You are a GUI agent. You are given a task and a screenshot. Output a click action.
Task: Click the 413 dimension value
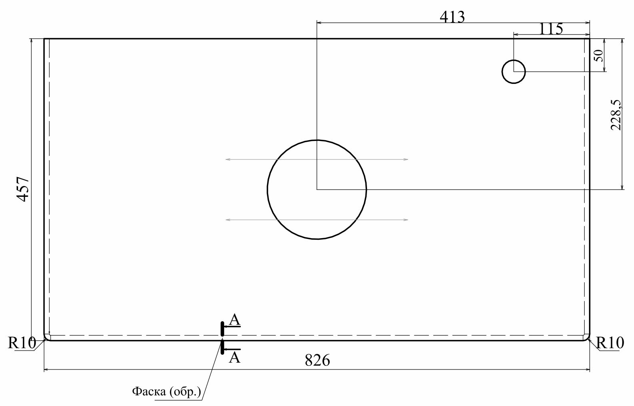452,17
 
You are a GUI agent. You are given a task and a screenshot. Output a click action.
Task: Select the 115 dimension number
550,29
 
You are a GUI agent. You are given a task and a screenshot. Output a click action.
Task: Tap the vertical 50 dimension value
599,56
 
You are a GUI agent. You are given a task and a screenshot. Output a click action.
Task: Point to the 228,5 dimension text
616,115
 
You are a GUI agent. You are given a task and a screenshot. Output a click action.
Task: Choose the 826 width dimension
317,360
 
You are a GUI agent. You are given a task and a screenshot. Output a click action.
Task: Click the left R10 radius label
22,343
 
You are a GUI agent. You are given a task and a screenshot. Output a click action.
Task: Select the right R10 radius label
610,343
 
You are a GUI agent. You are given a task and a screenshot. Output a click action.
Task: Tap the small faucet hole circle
502,71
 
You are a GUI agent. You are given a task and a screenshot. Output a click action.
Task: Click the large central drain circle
267,190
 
